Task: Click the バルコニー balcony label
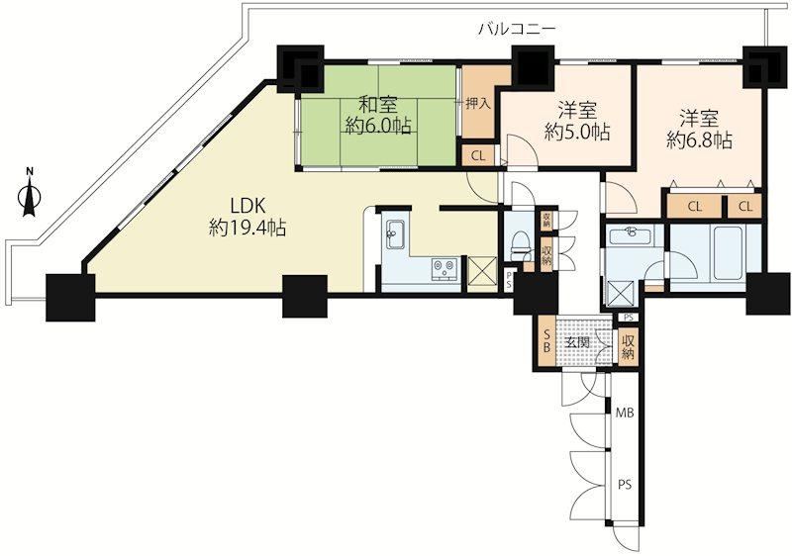point(518,30)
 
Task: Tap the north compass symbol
point(30,193)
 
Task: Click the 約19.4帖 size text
point(248,229)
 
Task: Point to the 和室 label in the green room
point(378,105)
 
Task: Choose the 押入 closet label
point(478,104)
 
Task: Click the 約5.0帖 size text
point(577,132)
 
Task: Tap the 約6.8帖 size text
point(699,140)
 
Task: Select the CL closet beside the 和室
point(478,156)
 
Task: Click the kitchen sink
point(395,234)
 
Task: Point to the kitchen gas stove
point(445,268)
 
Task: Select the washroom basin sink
point(631,235)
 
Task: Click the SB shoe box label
point(546,341)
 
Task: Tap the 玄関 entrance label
point(577,342)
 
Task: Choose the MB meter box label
point(625,413)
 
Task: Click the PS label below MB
point(625,485)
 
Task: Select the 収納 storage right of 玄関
point(628,347)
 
